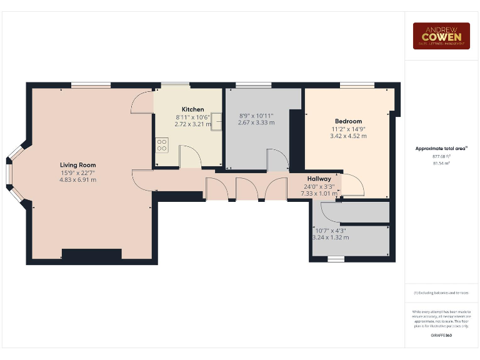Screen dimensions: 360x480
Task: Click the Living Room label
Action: tap(78, 165)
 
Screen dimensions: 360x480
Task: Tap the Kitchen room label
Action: tap(192, 109)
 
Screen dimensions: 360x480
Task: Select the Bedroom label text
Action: tap(348, 121)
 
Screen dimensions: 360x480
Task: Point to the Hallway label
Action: tap(319, 179)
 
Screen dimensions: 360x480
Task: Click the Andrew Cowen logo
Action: tap(441, 36)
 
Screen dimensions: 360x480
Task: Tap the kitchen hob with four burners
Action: tap(162, 145)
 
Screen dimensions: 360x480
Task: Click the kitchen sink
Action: tap(216, 120)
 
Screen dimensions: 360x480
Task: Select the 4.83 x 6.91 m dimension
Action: tap(78, 179)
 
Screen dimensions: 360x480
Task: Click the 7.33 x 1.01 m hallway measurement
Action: tap(319, 194)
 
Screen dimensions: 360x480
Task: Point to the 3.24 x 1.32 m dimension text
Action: tap(331, 237)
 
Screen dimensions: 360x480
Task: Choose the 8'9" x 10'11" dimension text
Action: tap(256, 116)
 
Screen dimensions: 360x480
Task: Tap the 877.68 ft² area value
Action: tap(441, 156)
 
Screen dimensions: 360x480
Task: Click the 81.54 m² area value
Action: tap(441, 163)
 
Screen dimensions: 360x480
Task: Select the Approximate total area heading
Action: tap(441, 148)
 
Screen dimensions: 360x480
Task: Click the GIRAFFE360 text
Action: tap(441, 336)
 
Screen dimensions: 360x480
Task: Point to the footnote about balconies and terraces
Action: tap(441, 292)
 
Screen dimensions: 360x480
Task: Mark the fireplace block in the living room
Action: tap(91, 254)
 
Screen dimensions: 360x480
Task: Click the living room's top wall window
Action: tap(91, 85)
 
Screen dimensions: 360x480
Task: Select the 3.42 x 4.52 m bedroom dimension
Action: tap(348, 136)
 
